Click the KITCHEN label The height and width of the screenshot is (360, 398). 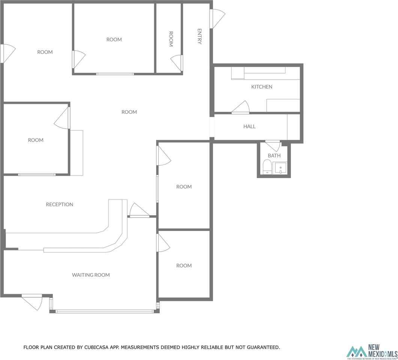tap(261, 87)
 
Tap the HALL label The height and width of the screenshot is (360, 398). tap(249, 126)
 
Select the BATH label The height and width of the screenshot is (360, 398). tap(274, 155)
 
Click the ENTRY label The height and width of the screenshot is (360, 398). tap(200, 36)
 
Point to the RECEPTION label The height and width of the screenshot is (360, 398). tap(59, 204)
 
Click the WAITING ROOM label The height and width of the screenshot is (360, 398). tap(91, 275)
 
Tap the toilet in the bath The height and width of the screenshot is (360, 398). tap(267, 166)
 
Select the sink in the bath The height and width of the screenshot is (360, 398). tap(280, 168)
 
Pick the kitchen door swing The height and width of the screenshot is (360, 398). tap(241, 108)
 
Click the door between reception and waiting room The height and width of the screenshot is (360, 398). tap(138, 210)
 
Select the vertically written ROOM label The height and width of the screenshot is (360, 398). tap(171, 39)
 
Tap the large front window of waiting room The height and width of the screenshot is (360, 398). tap(104, 311)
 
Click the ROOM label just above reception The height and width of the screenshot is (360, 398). tap(36, 140)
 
